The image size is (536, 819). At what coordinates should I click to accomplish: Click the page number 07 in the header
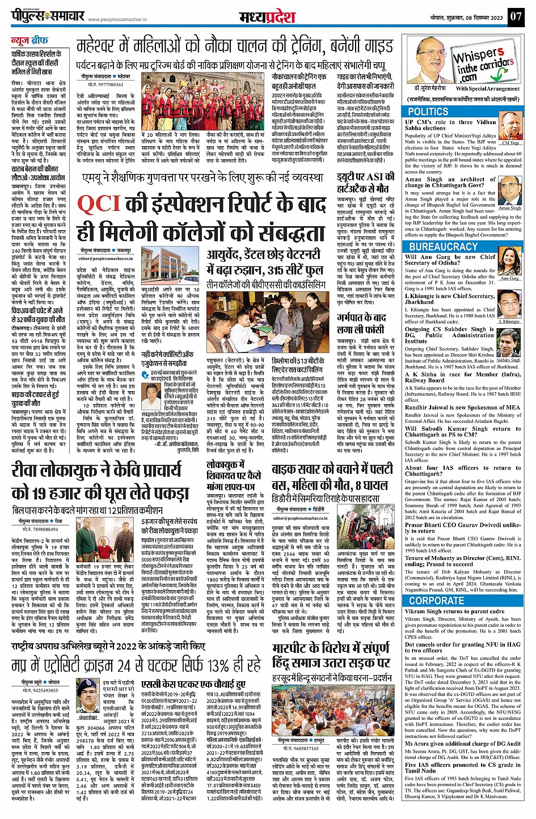coord(515,16)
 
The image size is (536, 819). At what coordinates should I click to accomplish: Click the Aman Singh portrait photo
coord(509,193)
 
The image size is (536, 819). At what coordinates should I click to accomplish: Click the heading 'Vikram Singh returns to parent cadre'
coord(454,612)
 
